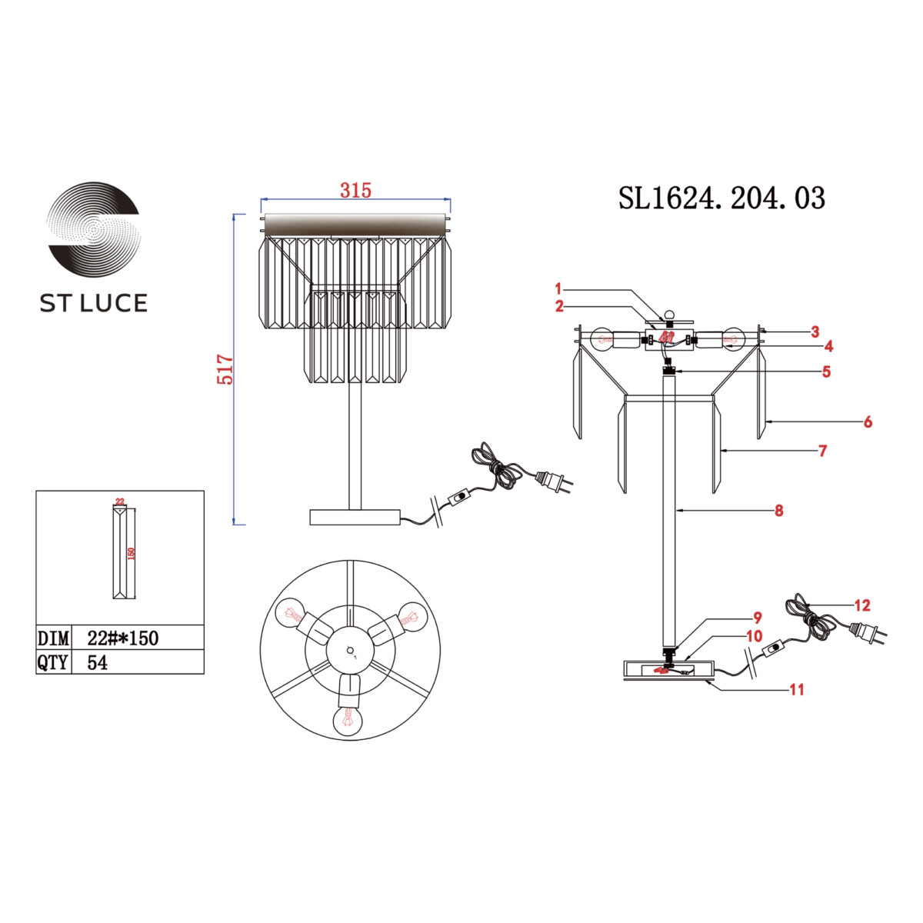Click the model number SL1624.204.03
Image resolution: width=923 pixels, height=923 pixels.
[x=721, y=198]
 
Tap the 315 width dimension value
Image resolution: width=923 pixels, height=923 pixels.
[x=355, y=191]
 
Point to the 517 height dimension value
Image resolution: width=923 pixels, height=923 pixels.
[x=225, y=369]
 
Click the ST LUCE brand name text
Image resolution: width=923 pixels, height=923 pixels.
[x=93, y=303]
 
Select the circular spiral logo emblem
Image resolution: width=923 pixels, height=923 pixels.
[x=94, y=229]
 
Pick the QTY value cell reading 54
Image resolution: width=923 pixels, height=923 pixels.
[x=98, y=662]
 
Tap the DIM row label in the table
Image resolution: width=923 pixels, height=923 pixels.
[x=53, y=638]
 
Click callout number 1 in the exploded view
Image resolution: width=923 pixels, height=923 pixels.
[x=558, y=289]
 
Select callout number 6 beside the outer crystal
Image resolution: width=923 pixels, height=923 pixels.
[x=868, y=422]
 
